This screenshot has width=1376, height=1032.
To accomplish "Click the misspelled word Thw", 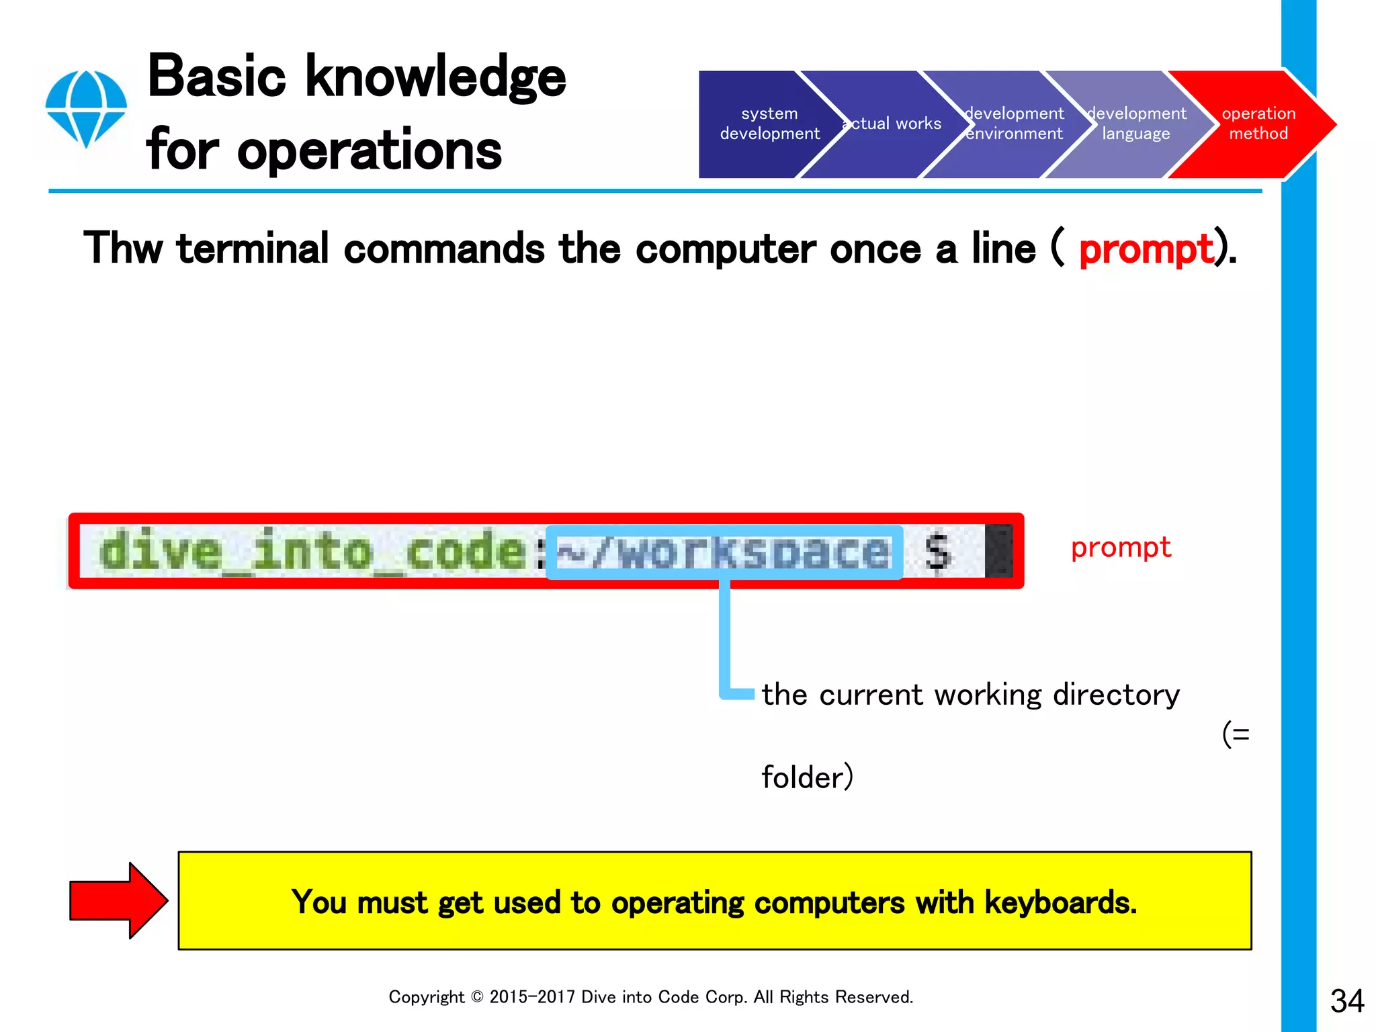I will tap(123, 249).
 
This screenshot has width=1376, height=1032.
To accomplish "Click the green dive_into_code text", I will tap(312, 552).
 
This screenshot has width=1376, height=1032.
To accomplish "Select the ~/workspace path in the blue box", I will tap(724, 553).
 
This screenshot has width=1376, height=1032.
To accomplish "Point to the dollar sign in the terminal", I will tap(938, 552).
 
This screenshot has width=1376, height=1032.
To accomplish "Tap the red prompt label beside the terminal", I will tap(1120, 548).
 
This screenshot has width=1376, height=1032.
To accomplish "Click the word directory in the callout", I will tap(1115, 695).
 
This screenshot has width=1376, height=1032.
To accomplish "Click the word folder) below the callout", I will tap(807, 777).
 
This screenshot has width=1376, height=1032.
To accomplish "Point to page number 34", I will tap(1346, 1001).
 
